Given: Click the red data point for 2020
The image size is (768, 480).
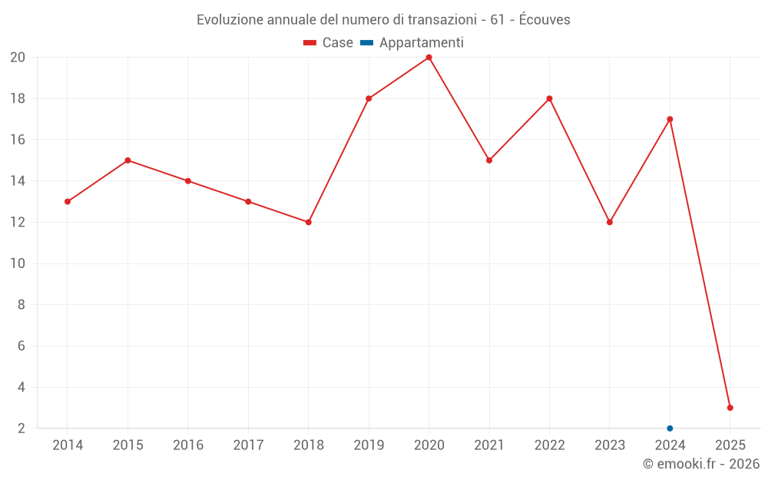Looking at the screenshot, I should [x=429, y=58].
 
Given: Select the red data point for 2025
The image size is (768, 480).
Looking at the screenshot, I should [x=730, y=408].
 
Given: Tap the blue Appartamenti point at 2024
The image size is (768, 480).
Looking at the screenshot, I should [x=670, y=428].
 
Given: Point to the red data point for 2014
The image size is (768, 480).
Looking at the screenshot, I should [x=68, y=201].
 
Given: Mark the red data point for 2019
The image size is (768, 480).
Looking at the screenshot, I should [x=369, y=98].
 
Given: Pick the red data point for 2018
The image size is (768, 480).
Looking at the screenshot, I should [x=308, y=222].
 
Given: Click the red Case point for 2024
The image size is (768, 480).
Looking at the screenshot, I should [x=670, y=119].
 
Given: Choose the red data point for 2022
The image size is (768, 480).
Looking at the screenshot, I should [x=549, y=98].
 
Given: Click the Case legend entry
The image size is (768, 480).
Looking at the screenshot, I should [x=328, y=43].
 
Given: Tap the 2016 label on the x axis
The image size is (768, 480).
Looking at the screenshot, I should [x=188, y=445].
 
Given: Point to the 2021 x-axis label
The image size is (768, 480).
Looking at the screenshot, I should [x=489, y=445].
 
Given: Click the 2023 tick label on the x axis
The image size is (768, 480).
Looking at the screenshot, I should [x=610, y=445].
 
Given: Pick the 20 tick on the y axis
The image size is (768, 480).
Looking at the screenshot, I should [x=18, y=58].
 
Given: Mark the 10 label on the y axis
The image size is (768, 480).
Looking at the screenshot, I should [x=18, y=263].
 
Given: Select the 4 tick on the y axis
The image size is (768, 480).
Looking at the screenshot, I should [x=22, y=387].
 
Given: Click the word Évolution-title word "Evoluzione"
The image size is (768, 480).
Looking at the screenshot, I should [x=228, y=20].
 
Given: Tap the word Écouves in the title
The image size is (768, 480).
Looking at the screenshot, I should [x=545, y=20].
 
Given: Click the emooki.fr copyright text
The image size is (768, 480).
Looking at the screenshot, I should [x=700, y=464].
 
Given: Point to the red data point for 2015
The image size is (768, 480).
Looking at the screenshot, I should [x=127, y=161].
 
